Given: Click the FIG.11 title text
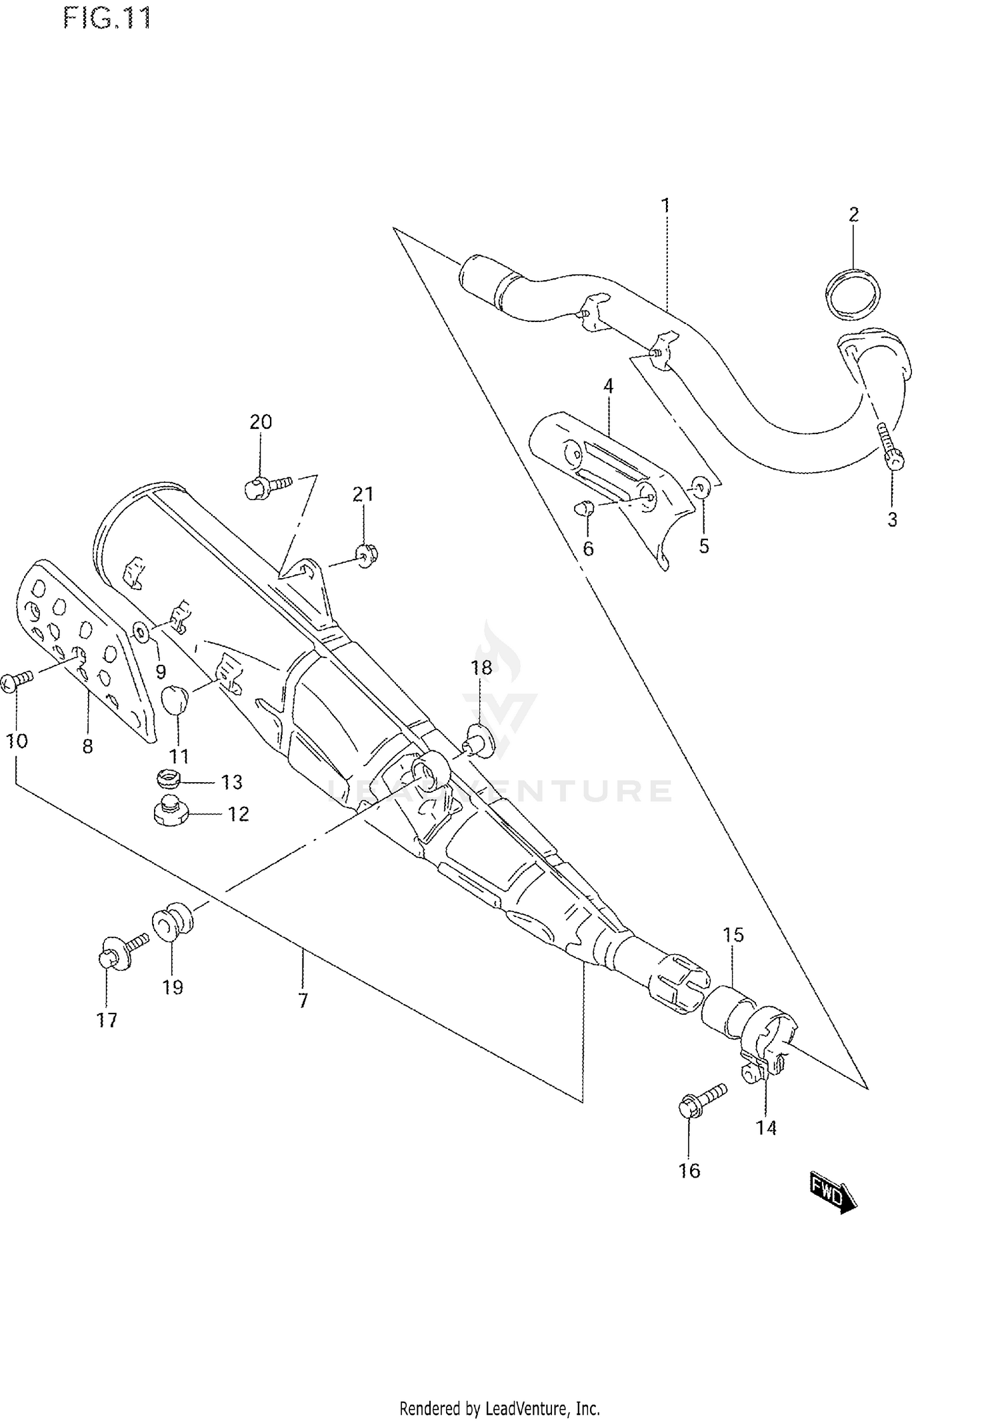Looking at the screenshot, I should pos(107,18).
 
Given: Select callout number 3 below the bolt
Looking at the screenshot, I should pos(893,519).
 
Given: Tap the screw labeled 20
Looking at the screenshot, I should pos(267,487).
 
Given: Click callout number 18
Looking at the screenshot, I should pos(481,667).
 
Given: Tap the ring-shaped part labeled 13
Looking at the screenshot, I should pos(171,779).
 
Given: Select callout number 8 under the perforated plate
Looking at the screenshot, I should pos(87,747).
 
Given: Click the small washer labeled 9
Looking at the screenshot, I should pos(142,631).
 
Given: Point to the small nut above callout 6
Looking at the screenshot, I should pos(584,509).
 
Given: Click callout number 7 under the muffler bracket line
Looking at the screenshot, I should pos(303,1000).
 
